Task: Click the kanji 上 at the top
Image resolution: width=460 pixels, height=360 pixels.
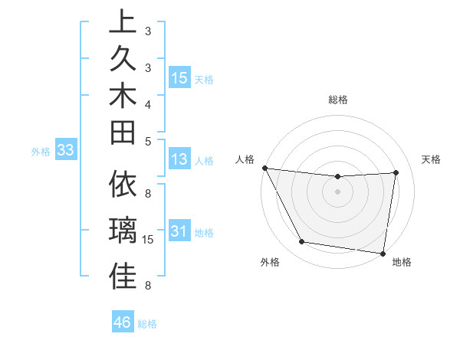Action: (122, 21)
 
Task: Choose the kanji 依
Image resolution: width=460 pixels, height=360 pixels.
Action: (122, 184)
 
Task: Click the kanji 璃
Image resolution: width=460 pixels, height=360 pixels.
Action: (122, 231)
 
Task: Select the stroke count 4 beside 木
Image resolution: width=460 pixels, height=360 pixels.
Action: (148, 103)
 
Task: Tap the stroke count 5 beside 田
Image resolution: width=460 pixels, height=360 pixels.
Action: (148, 140)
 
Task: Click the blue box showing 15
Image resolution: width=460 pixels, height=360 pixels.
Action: (179, 78)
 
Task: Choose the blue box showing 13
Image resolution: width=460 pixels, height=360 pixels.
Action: (179, 160)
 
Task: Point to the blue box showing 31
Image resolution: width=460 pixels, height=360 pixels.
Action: (179, 231)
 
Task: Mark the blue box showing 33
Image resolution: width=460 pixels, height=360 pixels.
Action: (65, 151)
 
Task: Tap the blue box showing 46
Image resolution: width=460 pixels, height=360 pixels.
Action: (122, 322)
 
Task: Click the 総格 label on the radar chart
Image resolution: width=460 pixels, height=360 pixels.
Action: (337, 100)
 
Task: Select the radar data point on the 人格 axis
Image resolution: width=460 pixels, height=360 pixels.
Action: (264, 168)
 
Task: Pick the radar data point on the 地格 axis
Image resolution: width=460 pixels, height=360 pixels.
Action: (383, 253)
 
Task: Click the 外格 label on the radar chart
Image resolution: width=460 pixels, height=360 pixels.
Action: (269, 262)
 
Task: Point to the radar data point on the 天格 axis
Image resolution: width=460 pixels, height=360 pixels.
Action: (396, 172)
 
